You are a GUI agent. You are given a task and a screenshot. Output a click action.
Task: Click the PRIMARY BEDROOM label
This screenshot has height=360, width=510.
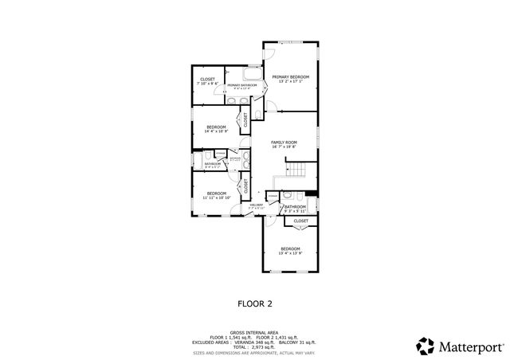[290, 77]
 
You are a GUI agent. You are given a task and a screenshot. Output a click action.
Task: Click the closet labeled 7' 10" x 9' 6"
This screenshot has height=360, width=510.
[207, 80]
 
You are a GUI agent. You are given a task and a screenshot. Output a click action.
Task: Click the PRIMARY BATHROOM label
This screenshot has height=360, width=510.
[242, 84]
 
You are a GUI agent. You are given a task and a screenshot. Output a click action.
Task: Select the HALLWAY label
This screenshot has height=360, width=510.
[256, 205]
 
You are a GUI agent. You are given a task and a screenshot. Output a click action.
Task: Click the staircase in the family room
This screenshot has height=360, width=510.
[297, 170]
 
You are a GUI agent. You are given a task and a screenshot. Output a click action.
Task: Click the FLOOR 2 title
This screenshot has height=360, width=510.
[255, 303]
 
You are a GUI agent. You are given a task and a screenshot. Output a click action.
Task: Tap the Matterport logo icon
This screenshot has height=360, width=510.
[425, 346]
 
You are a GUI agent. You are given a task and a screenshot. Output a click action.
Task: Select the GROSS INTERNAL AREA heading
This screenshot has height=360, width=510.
[254, 333]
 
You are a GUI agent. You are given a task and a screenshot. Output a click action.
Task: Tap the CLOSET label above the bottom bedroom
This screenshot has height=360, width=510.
[300, 221]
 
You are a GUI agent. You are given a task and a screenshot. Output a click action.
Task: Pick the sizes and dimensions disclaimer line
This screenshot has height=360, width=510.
[254, 353]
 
